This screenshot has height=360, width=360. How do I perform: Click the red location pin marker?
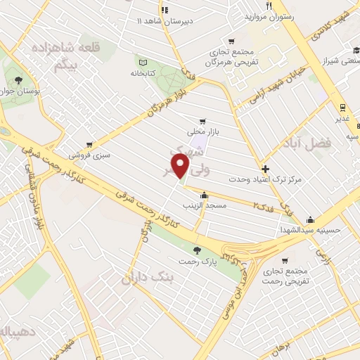(182, 166)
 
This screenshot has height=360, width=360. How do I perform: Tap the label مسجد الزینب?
(203, 205)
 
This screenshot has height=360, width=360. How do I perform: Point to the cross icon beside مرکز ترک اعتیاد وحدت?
(265, 169)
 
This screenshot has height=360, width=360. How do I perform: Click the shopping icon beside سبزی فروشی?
(89, 145)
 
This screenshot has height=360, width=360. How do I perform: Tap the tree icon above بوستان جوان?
(18, 79)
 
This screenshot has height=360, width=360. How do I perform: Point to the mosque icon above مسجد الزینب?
(204, 195)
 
